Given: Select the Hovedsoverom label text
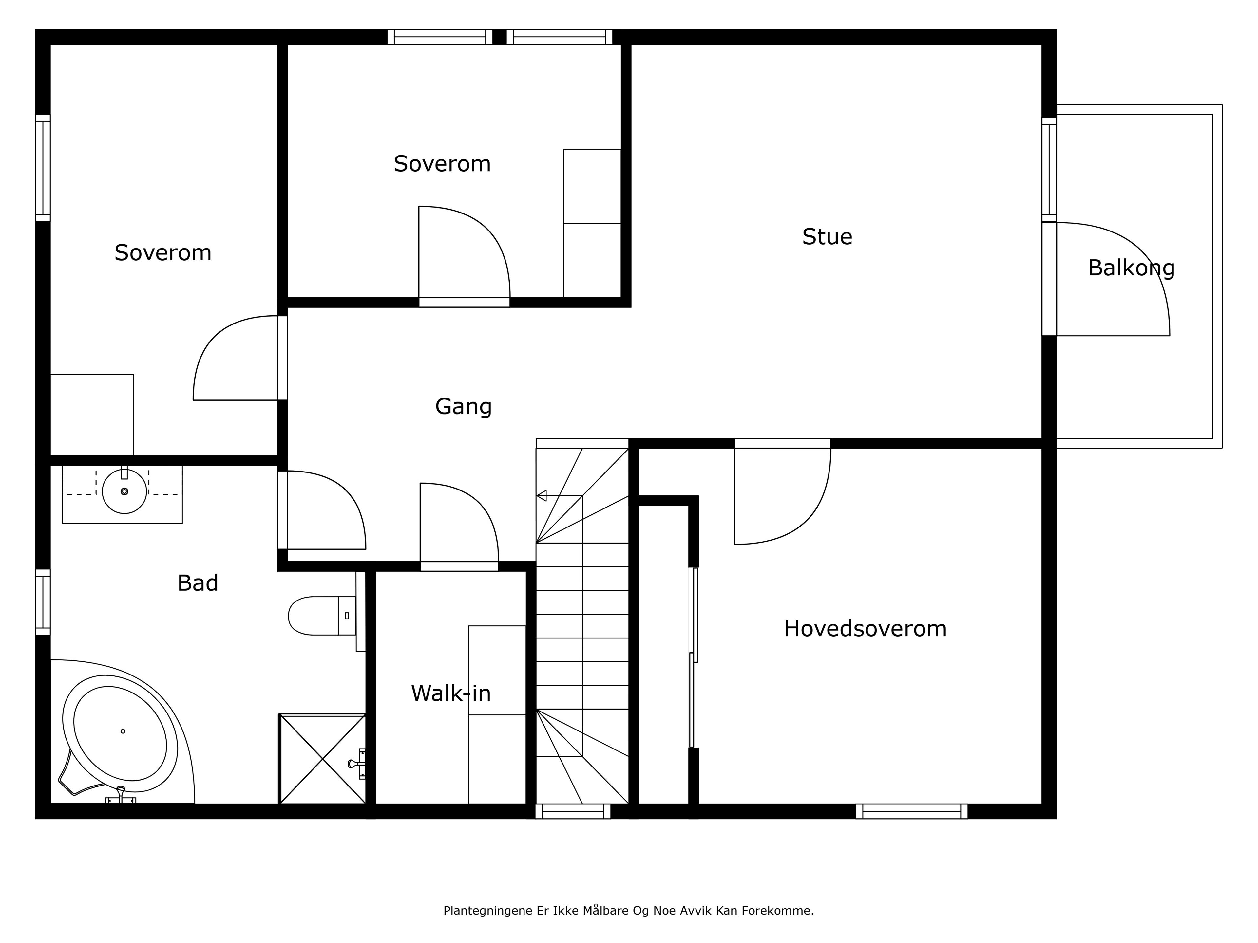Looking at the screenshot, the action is [865, 629].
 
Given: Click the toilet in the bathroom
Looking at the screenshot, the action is [322, 616].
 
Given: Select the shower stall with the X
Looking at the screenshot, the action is [322, 759].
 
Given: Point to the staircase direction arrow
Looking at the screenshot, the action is [542, 496].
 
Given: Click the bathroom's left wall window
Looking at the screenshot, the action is [43, 602].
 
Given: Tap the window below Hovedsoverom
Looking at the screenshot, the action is [912, 811].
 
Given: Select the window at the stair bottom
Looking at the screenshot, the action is [573, 811].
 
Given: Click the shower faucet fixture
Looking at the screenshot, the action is [358, 763].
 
